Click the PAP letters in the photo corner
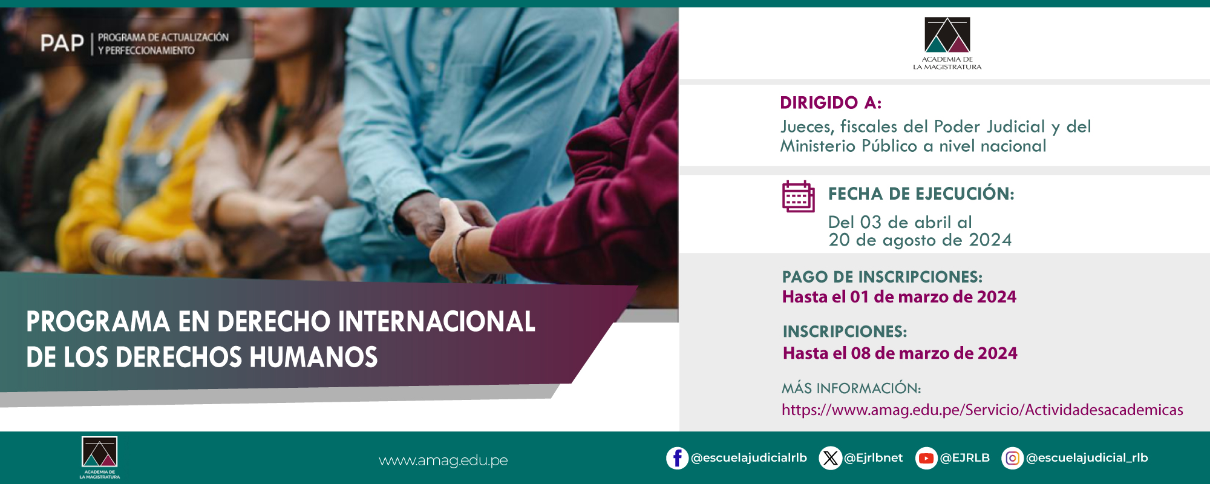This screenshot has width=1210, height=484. [x=62, y=44]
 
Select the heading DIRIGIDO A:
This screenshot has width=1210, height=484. [x=830, y=103]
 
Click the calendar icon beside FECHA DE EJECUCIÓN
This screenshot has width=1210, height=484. [x=798, y=196]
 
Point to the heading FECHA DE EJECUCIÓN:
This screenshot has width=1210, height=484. [x=920, y=194]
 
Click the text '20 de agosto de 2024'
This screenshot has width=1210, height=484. [x=920, y=240]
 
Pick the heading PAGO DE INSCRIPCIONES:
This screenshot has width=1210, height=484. [x=881, y=277]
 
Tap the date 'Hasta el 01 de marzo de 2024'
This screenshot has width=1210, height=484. [x=898, y=297]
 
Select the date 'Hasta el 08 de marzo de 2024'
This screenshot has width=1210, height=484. [x=900, y=353]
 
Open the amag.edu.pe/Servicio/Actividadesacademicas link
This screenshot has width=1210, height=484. [x=981, y=410]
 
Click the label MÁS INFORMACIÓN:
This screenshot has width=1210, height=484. [x=851, y=388]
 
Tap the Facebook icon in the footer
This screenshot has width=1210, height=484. [x=677, y=458]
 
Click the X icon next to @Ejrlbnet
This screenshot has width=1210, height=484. [x=830, y=458]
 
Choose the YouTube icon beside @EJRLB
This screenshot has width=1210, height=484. [x=926, y=458]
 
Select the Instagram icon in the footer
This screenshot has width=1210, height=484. [x=1012, y=458]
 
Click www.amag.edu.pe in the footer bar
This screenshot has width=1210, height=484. [x=443, y=460]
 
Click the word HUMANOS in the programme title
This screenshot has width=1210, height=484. [x=313, y=357]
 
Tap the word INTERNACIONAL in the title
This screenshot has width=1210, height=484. [x=436, y=321]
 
